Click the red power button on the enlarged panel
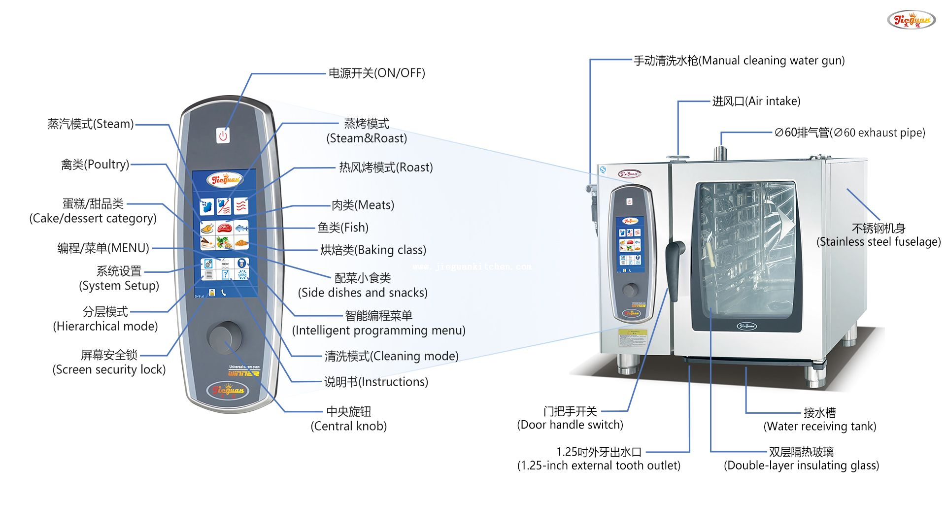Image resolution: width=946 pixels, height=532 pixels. [223, 135]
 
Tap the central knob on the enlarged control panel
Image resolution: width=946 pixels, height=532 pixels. [225, 337]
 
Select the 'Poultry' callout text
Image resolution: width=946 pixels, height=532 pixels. [95, 165]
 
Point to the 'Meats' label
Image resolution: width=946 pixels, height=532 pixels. [363, 205]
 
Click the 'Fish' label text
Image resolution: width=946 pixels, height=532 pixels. [343, 228]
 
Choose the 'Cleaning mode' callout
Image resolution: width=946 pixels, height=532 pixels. [391, 356]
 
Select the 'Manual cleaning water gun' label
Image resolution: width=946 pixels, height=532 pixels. [739, 61]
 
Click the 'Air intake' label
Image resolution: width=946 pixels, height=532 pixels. [756, 101]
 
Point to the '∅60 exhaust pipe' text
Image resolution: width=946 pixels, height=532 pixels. [849, 133]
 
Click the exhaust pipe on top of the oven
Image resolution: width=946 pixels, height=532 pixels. [720, 153]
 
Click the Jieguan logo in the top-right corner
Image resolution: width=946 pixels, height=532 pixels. [911, 20]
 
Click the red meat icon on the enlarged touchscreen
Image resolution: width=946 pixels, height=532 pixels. [224, 228]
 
